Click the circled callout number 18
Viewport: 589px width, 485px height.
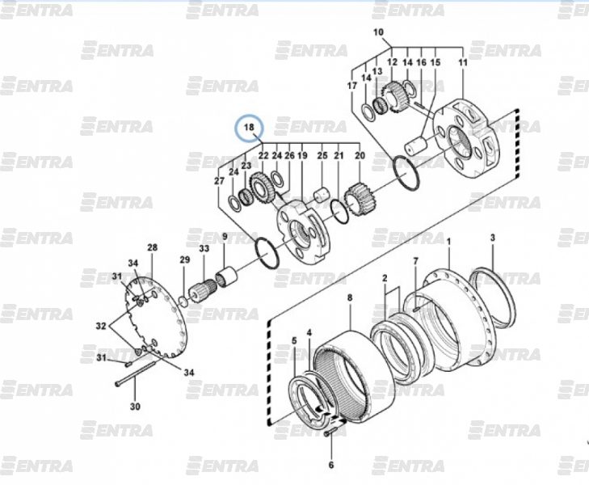[x=249, y=128]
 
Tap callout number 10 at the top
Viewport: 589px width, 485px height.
[x=378, y=32]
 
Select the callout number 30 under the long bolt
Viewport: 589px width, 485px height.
[x=135, y=407]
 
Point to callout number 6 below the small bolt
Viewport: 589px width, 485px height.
[x=331, y=465]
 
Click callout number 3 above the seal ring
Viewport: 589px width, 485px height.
[x=493, y=238]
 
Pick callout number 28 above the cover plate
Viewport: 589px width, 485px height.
[x=152, y=247]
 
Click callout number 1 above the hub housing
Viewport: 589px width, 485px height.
[x=448, y=241]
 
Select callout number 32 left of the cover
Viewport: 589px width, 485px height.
[x=101, y=326]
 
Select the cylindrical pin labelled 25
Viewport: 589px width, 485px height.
[x=321, y=196]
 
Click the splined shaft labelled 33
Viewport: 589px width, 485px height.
[x=201, y=289]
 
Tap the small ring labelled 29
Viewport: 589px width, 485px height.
[x=183, y=302]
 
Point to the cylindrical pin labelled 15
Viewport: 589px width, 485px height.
[x=417, y=145]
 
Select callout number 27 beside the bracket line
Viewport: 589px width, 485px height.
[x=220, y=181]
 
